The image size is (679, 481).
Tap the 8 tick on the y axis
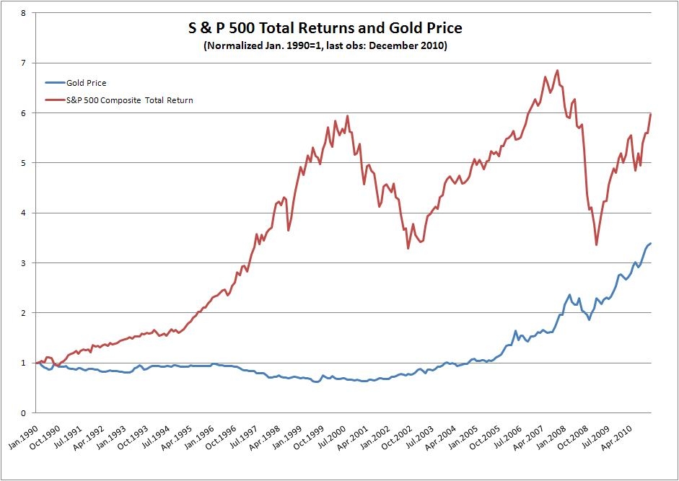[25, 13]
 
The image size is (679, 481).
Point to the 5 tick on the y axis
[25, 163]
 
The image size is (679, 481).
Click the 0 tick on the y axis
[25, 413]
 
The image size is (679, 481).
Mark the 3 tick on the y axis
[25, 263]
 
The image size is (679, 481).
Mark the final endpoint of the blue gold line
[651, 243]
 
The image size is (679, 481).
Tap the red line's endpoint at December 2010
[651, 114]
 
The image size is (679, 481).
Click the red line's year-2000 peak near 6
[348, 115]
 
